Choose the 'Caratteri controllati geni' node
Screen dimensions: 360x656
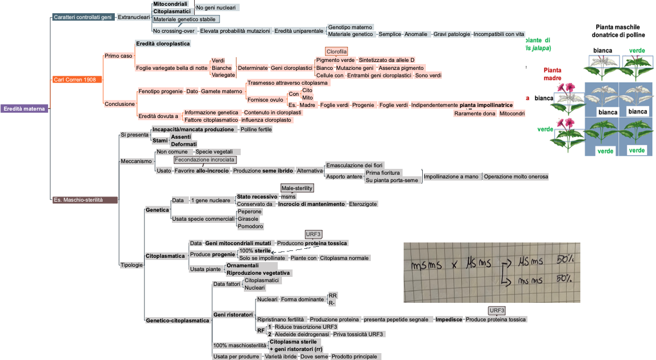(83, 17)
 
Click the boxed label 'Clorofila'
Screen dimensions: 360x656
(336, 52)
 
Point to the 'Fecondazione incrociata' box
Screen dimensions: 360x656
(205, 159)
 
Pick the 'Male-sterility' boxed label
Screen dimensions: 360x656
(297, 188)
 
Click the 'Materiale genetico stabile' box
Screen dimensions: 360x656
(185, 19)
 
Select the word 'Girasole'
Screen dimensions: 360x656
(249, 219)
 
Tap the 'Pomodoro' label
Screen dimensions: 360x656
(250, 226)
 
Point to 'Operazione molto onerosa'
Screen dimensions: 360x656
(516, 176)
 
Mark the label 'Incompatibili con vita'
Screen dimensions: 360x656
(499, 34)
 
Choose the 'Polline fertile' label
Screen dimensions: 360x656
(256, 129)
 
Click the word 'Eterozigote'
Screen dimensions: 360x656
(363, 204)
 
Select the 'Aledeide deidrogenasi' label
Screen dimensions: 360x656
(302, 334)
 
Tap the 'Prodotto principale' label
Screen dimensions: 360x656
(354, 356)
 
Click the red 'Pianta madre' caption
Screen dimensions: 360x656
(552, 74)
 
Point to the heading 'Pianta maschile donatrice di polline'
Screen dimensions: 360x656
(617, 30)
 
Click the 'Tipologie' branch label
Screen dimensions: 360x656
(132, 265)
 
